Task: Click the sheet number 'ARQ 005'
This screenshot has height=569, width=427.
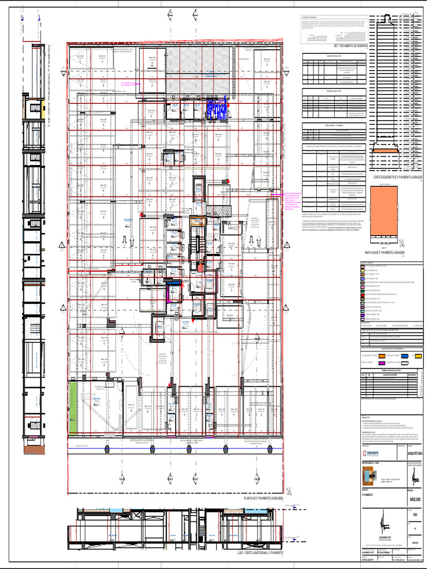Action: (x=415, y=500)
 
